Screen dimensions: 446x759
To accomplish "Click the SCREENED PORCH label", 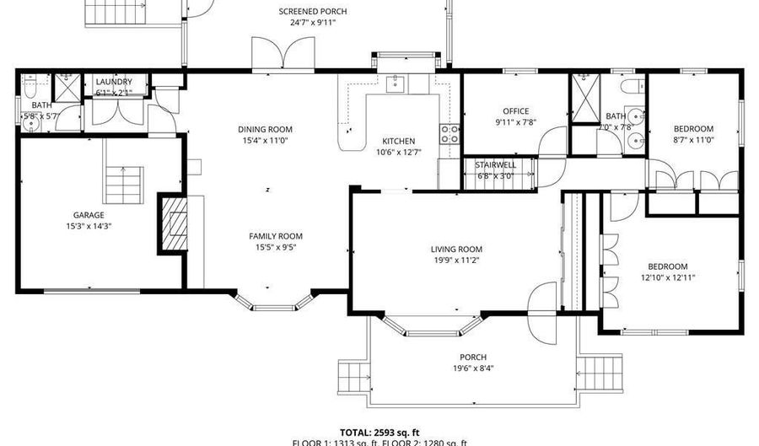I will click(312, 12).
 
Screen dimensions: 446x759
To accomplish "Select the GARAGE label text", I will click(88, 214).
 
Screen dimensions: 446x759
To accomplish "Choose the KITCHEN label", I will click(399, 141).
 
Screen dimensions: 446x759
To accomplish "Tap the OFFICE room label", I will click(515, 111).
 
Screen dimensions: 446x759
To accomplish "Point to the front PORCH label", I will click(473, 357).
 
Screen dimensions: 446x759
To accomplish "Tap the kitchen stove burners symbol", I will click(450, 133).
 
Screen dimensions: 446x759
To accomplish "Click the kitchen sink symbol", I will click(395, 83).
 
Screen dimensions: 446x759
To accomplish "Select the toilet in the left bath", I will click(30, 87).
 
